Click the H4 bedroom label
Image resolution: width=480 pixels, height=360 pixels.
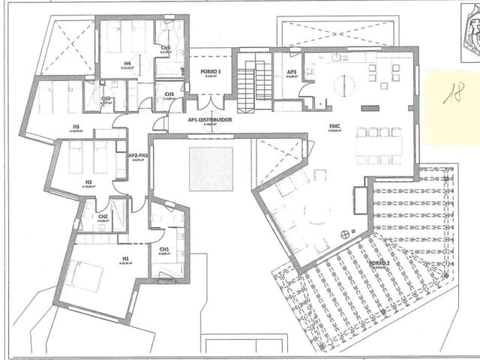point(127,64)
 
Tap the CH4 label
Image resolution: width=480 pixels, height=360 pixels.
point(166,47)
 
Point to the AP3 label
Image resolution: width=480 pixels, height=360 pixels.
point(292,72)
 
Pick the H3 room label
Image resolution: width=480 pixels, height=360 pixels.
point(76,127)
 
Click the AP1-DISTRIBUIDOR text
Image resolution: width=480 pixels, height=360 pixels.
point(210,120)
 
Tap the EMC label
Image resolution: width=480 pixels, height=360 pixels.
point(334,127)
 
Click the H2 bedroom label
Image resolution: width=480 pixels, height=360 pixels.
point(88,181)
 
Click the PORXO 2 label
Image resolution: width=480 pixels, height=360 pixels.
point(379,263)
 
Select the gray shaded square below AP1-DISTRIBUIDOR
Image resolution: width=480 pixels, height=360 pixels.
point(211,169)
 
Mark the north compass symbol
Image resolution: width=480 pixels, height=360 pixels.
point(345,234)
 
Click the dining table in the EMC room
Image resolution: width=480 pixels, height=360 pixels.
point(379,145)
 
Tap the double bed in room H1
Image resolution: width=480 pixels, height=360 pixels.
point(84,276)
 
